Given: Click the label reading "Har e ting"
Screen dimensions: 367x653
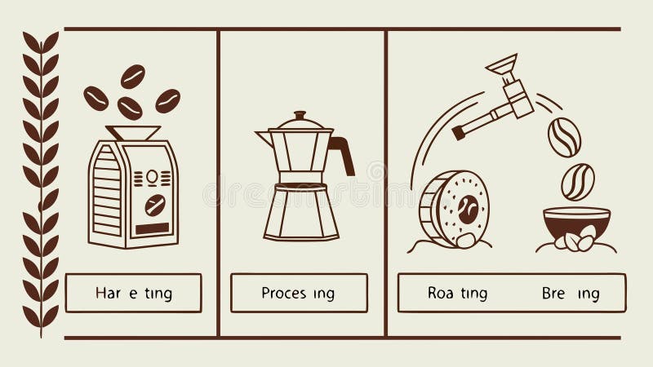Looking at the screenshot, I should [x=134, y=294].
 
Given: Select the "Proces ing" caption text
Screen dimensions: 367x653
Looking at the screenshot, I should [x=298, y=294].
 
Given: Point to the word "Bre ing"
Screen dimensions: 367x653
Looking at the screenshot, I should [x=570, y=294].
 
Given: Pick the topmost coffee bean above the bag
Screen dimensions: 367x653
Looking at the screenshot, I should [x=132, y=76].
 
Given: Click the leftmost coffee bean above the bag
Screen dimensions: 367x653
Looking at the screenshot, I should [x=96, y=97].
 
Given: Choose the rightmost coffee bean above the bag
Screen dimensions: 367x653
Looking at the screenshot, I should [x=168, y=100].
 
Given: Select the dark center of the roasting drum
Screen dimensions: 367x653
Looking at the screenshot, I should [x=468, y=208].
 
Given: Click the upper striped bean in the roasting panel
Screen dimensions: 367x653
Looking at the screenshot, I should [x=564, y=136].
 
